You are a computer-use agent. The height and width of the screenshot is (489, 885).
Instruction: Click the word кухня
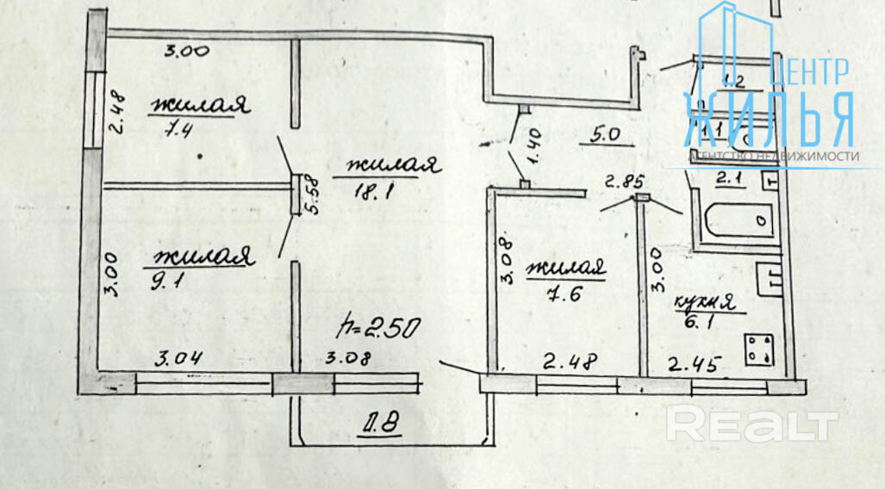[703, 302]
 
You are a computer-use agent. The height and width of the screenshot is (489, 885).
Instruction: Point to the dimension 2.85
[623, 181]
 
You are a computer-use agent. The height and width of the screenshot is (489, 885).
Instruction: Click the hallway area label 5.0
[606, 135]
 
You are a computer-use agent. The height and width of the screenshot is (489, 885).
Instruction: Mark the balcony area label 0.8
[380, 424]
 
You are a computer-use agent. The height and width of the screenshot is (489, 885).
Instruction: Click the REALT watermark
[752, 424]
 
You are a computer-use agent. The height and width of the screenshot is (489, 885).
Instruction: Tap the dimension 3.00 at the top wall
[186, 52]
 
